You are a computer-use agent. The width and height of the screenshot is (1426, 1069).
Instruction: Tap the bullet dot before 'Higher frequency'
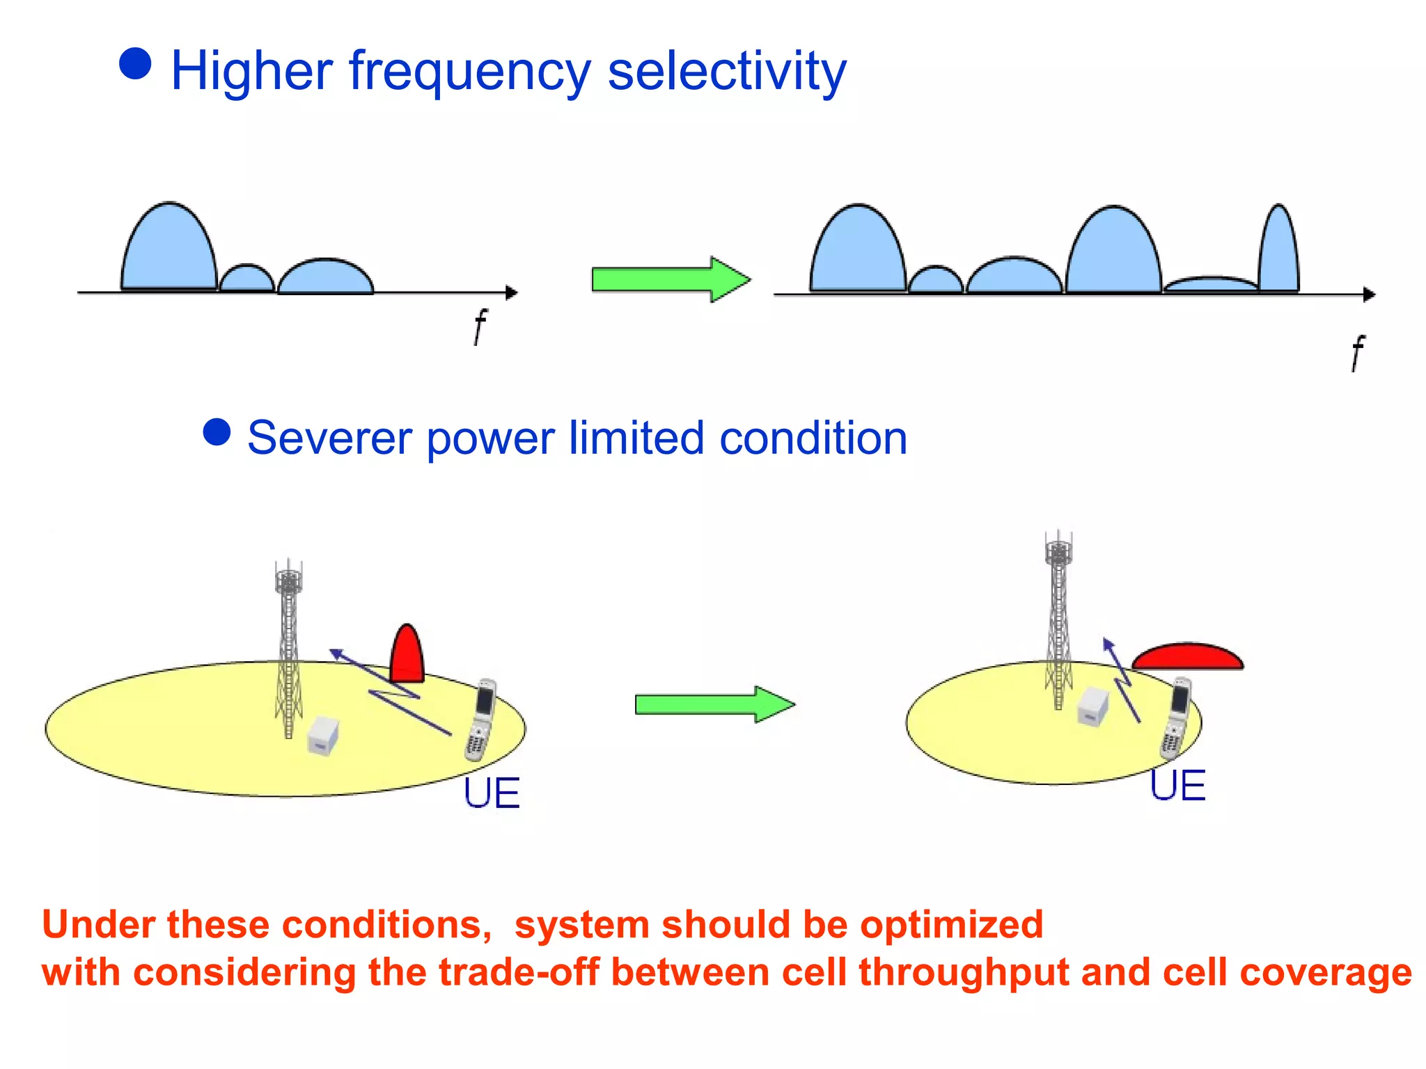pos(135,64)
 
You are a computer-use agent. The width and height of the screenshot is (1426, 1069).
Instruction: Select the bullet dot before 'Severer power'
pos(217,431)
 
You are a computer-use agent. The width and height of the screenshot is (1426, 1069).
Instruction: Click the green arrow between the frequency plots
pos(670,280)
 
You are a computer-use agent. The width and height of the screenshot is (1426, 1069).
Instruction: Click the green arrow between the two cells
pos(714,704)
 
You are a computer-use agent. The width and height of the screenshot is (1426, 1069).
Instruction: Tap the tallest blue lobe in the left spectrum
pos(169,251)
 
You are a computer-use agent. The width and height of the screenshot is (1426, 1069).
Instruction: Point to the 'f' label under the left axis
pos(480,326)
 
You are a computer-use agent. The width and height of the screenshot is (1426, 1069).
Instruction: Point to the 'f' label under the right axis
pos(1357,353)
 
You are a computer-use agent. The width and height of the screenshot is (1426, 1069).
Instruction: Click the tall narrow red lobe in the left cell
pos(407,656)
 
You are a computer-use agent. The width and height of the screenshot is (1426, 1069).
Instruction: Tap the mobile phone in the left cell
pos(480,720)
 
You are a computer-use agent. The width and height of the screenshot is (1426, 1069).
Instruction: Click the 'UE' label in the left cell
pos(492,793)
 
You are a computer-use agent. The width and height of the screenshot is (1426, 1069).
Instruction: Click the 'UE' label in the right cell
pos(1177,786)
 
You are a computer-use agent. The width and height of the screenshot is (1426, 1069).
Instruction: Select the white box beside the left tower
pos(323,736)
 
